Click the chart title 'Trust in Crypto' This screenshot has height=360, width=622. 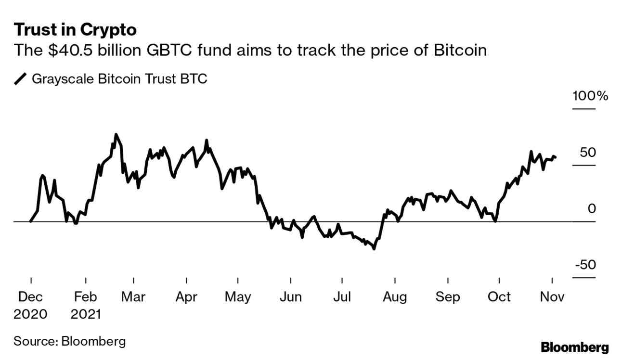pyautogui.click(x=75, y=30)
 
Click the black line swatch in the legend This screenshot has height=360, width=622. pyautogui.click(x=21, y=79)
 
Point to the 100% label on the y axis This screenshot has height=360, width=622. pyautogui.click(x=590, y=96)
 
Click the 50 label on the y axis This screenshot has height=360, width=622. pyautogui.click(x=588, y=153)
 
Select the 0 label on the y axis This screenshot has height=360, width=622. pyautogui.click(x=592, y=209)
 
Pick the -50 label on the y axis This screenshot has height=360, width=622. pyautogui.click(x=584, y=265)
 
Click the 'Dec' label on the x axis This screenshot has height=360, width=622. pyautogui.click(x=30, y=297)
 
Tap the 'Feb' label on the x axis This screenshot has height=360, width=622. pyautogui.click(x=86, y=297)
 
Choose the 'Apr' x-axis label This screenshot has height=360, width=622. pyautogui.click(x=186, y=297)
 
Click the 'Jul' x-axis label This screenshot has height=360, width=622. pyautogui.click(x=341, y=297)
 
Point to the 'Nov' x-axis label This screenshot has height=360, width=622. pyautogui.click(x=552, y=297)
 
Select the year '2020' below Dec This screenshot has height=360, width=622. pyautogui.click(x=30, y=314)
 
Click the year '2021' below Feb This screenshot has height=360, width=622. pyautogui.click(x=86, y=314)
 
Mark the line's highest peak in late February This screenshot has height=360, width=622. pyautogui.click(x=116, y=134)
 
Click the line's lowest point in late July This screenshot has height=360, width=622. pyautogui.click(x=374, y=249)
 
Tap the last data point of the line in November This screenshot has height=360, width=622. pyautogui.click(x=556, y=157)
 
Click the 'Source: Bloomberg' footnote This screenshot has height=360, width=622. pyautogui.click(x=70, y=342)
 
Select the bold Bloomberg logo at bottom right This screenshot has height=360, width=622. pyautogui.click(x=575, y=347)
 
